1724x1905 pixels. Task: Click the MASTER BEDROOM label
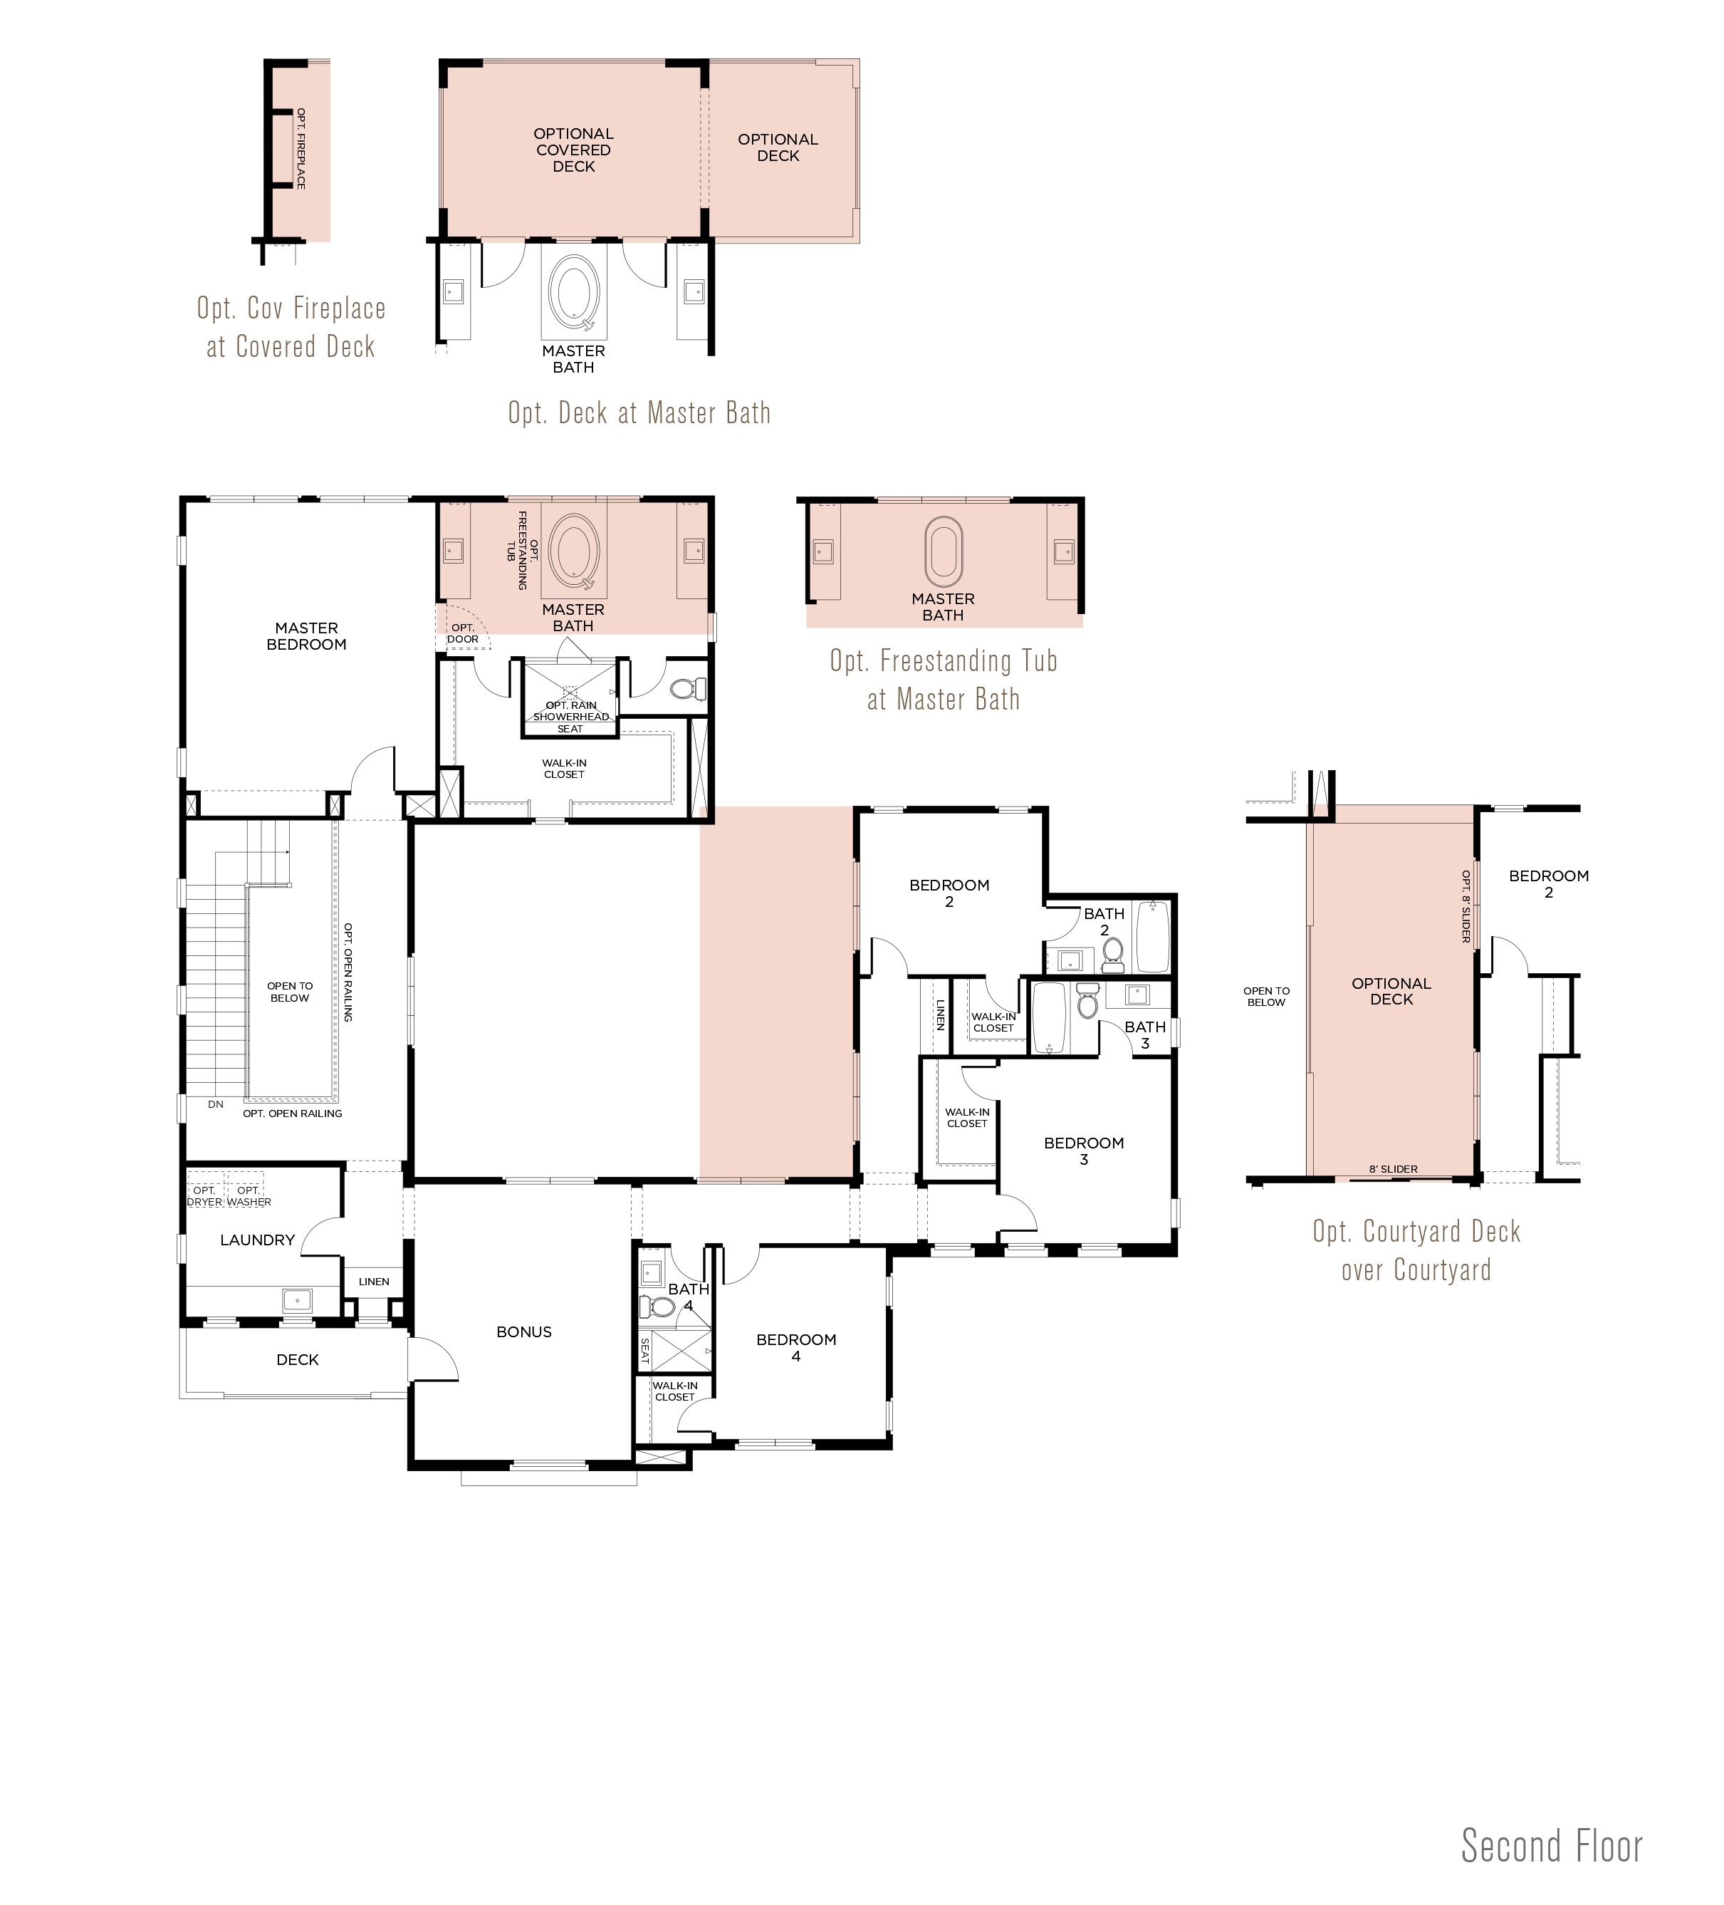[306, 636]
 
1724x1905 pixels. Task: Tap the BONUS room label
[523, 1332]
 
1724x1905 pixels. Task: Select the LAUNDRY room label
[257, 1240]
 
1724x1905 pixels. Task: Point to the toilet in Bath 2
[1112, 952]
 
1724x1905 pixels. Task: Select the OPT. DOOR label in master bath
[463, 633]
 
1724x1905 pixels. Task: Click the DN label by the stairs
[215, 1104]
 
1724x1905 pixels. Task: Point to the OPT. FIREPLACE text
[301, 148]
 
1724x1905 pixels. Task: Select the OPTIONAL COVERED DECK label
[573, 150]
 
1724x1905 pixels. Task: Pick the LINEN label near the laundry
[374, 1282]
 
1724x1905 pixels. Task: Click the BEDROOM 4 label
[796, 1347]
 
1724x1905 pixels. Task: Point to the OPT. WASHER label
[249, 1196]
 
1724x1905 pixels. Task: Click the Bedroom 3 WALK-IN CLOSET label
[967, 1118]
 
